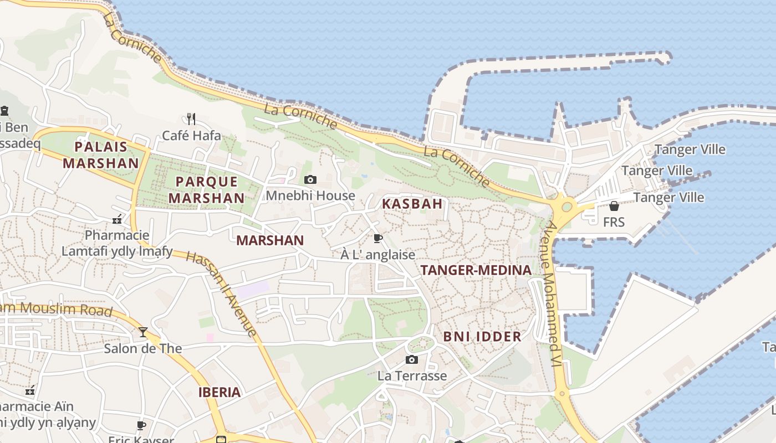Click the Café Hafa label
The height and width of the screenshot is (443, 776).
[x=191, y=136]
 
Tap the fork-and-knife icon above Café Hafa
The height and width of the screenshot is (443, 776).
[x=191, y=119]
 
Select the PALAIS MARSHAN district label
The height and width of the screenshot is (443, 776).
[x=101, y=155]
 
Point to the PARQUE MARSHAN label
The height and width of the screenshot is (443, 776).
[x=206, y=190]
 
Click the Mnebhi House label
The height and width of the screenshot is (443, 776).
[x=310, y=195]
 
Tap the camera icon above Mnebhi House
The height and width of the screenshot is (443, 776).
[x=310, y=179]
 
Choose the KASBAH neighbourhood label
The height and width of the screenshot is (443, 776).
[x=412, y=204]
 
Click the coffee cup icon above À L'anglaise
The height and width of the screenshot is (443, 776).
[x=377, y=238]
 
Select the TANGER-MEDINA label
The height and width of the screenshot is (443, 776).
[x=476, y=270]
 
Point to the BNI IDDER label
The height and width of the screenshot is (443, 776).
[x=482, y=337]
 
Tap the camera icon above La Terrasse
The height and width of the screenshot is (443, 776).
[x=411, y=360]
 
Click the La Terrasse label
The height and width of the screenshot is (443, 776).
[x=412, y=376]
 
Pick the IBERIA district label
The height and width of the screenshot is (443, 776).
[x=219, y=393]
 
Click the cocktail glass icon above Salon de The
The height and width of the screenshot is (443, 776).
[x=143, y=332]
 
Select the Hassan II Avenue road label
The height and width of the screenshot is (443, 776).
[x=222, y=293]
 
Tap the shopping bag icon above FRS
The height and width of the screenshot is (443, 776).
[x=614, y=206]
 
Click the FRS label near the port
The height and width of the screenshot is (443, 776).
[x=614, y=222]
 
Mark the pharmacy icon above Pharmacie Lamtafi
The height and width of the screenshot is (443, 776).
[x=117, y=220]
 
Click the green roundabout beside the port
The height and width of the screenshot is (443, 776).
[x=566, y=207]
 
